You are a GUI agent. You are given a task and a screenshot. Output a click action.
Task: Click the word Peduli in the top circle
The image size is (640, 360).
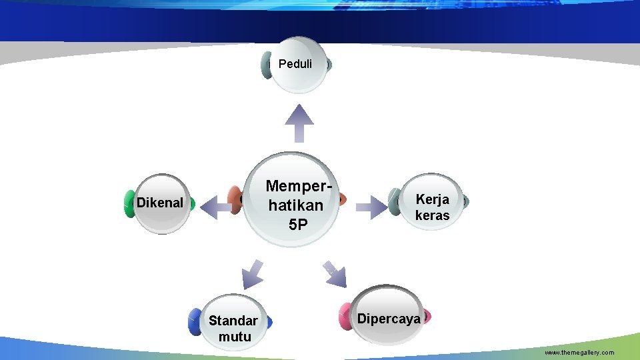point(295,65)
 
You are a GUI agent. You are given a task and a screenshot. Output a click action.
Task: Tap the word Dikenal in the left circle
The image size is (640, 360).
point(159,203)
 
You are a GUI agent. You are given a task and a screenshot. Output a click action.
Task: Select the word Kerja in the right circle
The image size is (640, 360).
point(432,199)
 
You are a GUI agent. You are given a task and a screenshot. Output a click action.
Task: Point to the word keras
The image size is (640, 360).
point(432,215)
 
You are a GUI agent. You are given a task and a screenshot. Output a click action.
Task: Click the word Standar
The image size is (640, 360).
point(233,321)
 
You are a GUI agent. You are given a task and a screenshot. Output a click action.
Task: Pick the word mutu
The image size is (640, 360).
point(235,337)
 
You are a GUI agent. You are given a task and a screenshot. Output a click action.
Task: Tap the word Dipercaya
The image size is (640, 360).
point(389,318)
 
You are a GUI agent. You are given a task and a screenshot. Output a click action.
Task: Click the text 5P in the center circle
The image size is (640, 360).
point(298,225)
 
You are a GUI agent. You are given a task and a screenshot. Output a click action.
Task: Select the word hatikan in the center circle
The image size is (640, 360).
point(295,205)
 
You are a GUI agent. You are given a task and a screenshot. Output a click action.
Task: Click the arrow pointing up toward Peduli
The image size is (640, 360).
point(299,123)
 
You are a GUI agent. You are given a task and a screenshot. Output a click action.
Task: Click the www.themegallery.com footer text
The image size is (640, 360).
point(579,352)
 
